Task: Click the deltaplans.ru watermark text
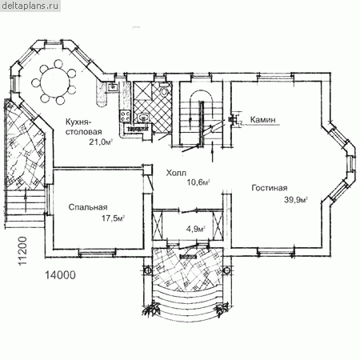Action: (x=30, y=6)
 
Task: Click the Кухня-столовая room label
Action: (x=84, y=126)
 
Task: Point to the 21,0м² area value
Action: (x=101, y=142)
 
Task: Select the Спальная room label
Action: (x=88, y=207)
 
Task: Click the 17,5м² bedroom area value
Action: (x=113, y=218)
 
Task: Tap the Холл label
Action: (x=176, y=173)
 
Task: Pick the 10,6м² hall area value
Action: (x=198, y=182)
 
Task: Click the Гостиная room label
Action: (x=270, y=188)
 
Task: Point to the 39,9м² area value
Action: (x=296, y=199)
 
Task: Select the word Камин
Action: (x=262, y=120)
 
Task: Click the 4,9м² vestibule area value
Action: (x=196, y=229)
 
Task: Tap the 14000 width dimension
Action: (x=60, y=275)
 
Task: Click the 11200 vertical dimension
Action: (x=23, y=251)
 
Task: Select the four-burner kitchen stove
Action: (x=126, y=116)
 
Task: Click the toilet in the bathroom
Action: (x=164, y=90)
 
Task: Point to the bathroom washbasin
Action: (x=144, y=118)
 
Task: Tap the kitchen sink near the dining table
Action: (x=113, y=86)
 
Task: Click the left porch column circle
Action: (x=147, y=270)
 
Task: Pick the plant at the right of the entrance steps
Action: (x=222, y=309)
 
